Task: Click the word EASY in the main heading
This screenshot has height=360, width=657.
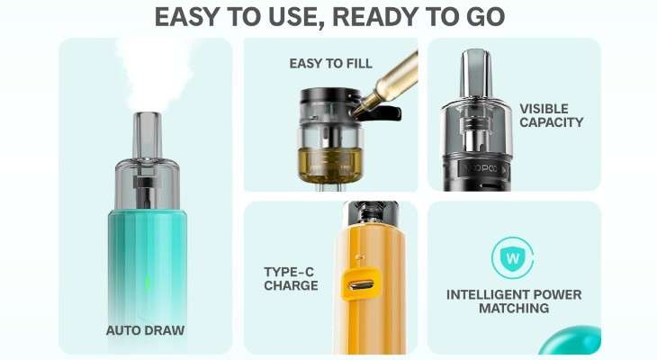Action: pos(188,17)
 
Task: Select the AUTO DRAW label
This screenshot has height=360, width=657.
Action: pos(145,330)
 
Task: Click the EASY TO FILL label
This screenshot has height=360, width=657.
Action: pos(330,64)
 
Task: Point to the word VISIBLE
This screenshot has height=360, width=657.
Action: pos(544,109)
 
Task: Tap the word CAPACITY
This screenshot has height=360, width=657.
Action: pos(552,122)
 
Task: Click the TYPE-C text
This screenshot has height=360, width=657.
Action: pos(289,272)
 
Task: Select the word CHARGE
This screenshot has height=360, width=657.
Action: pos(291,286)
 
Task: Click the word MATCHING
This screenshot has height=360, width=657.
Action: pos(514,309)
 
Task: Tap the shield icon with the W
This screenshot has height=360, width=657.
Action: pos(512,257)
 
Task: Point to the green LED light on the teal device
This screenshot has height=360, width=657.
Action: pos(148,282)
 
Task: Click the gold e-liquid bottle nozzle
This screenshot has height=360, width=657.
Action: pos(363,103)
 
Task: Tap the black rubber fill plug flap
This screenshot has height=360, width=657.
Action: pos(382,113)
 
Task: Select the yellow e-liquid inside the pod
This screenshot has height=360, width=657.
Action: pos(329,165)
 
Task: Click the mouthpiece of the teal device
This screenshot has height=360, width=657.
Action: pos(147,135)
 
